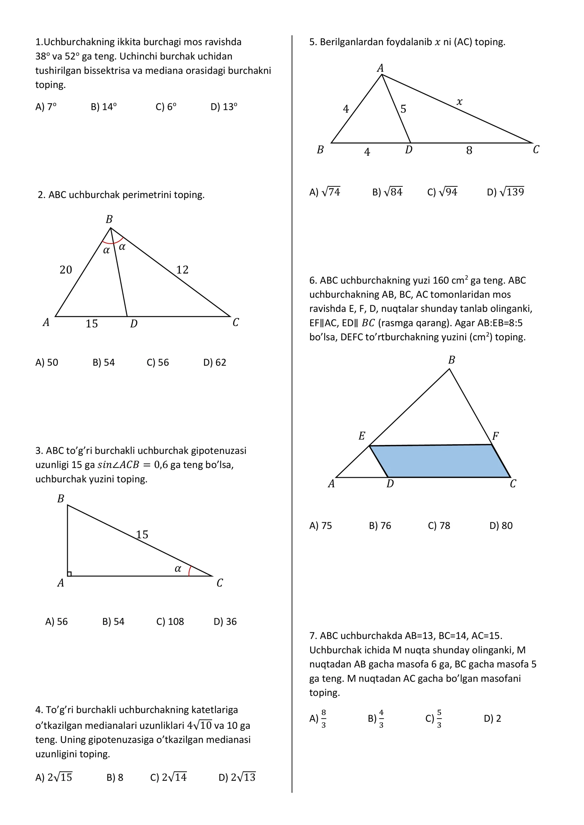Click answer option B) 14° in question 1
pos(104,107)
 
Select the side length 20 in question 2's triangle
pos(66,270)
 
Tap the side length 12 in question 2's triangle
pos(182,270)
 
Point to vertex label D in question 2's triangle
pos(134,324)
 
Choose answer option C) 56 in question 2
pos(158,363)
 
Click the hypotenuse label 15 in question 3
pos(142,535)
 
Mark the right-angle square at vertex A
pos(69,574)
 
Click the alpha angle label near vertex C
pos(178,569)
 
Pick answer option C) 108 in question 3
pos(170,621)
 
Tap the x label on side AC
pos(460,102)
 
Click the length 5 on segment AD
pos(403,109)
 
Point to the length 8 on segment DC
pos(469,151)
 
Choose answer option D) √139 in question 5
pos(506,192)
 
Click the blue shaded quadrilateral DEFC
pos(438,461)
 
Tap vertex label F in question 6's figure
pos(495,436)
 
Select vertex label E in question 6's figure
pos(362,436)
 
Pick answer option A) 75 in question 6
pos(320,526)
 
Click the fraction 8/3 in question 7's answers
pos(323,719)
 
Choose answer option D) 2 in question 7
pos(492,719)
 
